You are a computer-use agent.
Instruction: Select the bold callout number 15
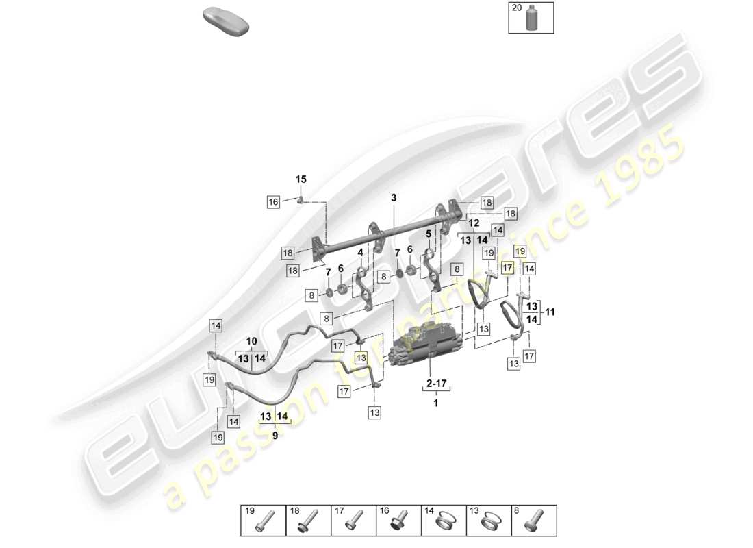pyautogui.click(x=301, y=179)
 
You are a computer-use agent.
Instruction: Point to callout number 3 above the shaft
pyautogui.click(x=394, y=198)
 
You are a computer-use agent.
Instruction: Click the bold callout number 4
pyautogui.click(x=360, y=252)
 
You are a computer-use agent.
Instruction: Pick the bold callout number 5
pyautogui.click(x=429, y=234)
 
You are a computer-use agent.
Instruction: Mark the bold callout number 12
pyautogui.click(x=474, y=223)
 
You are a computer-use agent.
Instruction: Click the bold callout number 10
pyautogui.click(x=251, y=341)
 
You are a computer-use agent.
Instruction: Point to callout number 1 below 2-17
pyautogui.click(x=435, y=403)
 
